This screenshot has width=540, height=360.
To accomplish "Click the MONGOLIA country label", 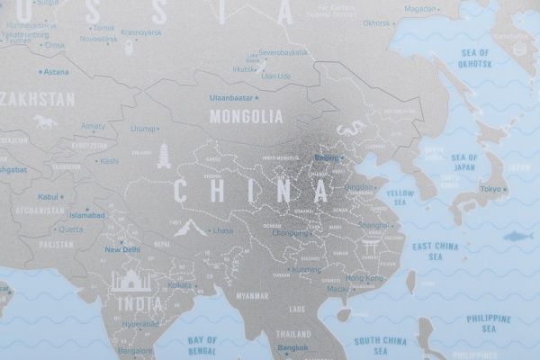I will point(246,116).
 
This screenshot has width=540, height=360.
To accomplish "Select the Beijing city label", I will point(328,158).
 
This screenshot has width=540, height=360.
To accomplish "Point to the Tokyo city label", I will point(490,189).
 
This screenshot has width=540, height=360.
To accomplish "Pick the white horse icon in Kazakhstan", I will point(42,121).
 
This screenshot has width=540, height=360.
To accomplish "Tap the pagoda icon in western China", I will point(164,155).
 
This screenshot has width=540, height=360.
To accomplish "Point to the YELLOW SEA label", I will point(400,197).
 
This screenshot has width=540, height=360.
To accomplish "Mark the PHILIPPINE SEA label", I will point(489,323).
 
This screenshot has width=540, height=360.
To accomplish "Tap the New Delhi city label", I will point(123,249).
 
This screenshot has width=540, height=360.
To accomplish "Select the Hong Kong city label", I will point(364,279).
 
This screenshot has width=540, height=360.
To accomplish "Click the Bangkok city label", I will point(292,347).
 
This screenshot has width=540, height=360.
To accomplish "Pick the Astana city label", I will point(56,72).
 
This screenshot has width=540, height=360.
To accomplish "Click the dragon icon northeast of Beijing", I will point(346,132).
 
